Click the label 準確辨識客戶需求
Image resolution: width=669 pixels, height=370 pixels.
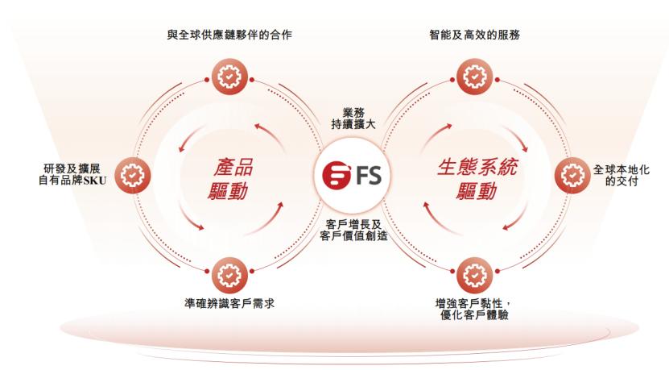tap(229, 305)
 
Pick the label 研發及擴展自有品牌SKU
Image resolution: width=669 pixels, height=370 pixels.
tap(72, 173)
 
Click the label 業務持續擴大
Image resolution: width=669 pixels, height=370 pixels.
tap(353, 118)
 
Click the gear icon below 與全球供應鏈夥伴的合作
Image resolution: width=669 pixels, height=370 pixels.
tap(229, 77)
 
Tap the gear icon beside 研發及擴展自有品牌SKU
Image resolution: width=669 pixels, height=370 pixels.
tap(131, 173)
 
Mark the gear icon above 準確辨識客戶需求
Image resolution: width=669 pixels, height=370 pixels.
tap(229, 274)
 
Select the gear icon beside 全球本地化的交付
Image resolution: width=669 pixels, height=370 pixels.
tap(572, 173)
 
